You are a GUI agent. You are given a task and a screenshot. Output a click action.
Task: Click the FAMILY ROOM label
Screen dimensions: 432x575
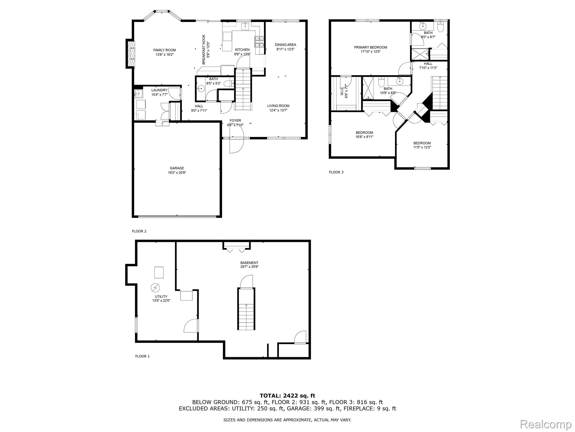tap(165, 50)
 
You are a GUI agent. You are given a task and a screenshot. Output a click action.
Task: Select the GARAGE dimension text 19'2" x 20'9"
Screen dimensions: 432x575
tap(177, 173)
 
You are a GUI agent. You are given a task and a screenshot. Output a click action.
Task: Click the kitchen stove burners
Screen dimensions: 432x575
tap(259, 42)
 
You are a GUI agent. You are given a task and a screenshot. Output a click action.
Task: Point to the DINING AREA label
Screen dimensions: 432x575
tap(285, 45)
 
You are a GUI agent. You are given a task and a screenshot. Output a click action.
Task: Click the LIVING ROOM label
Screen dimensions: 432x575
tap(278, 106)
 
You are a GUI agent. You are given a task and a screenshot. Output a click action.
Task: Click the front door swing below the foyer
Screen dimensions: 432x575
tap(236, 145)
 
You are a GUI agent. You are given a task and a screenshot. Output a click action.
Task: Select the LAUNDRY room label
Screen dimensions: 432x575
tap(159, 90)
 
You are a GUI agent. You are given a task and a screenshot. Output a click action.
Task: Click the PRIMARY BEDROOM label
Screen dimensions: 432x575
tap(370, 47)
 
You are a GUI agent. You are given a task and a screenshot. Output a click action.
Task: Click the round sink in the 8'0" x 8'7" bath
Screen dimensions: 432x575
tap(423, 26)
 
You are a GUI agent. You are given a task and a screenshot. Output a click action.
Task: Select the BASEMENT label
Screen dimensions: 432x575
tap(247, 263)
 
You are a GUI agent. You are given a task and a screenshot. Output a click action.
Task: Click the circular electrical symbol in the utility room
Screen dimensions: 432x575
tap(155, 287)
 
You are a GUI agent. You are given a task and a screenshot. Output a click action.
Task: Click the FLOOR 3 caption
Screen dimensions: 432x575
tap(336, 172)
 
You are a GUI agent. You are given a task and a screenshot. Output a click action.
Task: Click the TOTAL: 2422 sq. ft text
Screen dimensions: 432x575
tap(287, 396)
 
